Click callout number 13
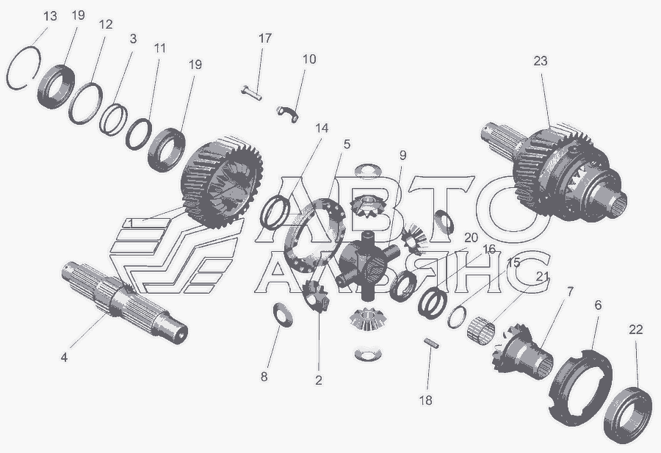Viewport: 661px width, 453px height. click(x=50, y=16)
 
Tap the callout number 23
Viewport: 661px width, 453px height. click(x=540, y=61)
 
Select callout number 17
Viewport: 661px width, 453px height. click(x=264, y=38)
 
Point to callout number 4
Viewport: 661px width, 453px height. click(x=64, y=358)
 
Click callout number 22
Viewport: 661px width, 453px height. click(x=636, y=330)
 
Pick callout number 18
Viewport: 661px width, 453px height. click(x=426, y=400)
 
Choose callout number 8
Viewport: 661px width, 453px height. click(x=264, y=377)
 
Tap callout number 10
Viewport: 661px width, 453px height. click(x=309, y=59)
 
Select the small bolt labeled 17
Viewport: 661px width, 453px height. click(x=251, y=93)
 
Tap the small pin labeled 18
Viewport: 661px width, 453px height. click(x=431, y=343)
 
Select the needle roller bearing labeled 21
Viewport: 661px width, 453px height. click(x=481, y=327)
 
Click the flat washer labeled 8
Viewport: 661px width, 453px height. click(x=283, y=314)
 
